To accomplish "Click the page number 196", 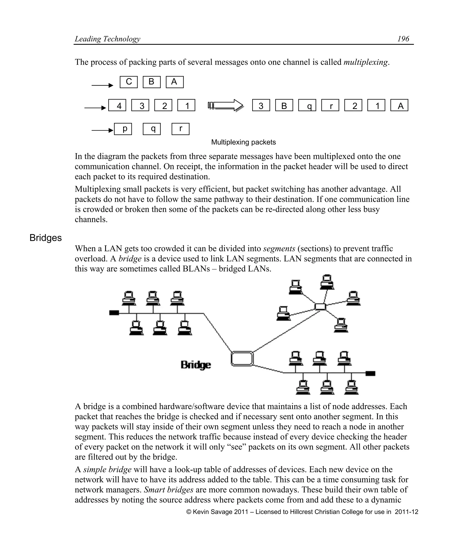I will tap(403, 39).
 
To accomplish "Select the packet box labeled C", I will tap(129, 82).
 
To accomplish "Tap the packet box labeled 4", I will tap(117, 105).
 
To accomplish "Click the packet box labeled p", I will tap(123, 129).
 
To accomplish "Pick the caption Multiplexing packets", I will tap(243, 142).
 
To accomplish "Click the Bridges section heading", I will tap(46, 238).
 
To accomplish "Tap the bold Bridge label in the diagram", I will tap(196, 365).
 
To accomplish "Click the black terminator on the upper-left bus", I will tap(114, 313).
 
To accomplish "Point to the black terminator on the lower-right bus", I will tap(370, 373).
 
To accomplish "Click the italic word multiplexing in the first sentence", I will tap(366, 62).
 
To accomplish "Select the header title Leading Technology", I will tap(108, 39).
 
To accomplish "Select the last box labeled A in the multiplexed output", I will tap(399, 105).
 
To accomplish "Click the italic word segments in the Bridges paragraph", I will tap(279, 249).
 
